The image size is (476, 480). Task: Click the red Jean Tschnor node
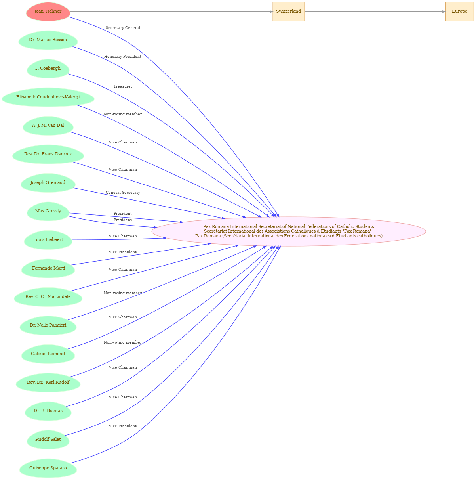pos(48,11)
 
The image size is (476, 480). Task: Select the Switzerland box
pos(289,11)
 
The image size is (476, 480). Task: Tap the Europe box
pos(459,11)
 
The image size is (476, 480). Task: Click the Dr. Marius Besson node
pos(48,40)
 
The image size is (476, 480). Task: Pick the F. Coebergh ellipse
pos(48,69)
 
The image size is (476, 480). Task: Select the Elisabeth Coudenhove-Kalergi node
pos(48,97)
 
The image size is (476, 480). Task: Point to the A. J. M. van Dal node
pos(48,126)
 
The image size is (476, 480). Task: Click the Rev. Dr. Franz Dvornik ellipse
pos(48,154)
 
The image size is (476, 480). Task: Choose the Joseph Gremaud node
pos(48,183)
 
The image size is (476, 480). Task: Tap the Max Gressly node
pos(48,211)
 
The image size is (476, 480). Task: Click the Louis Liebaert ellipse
pos(48,240)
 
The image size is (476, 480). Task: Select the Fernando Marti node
pos(48,268)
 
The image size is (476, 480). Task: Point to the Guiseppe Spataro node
pos(48,468)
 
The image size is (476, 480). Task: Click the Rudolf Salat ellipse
pos(48,440)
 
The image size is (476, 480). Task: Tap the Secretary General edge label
pos(123,28)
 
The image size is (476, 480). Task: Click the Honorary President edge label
pos(123,57)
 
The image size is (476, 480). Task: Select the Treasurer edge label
pos(123,86)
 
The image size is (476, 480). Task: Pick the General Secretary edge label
pos(123,193)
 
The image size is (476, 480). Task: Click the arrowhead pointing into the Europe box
pos(444,11)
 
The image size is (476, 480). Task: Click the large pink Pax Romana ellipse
pos(289,231)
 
